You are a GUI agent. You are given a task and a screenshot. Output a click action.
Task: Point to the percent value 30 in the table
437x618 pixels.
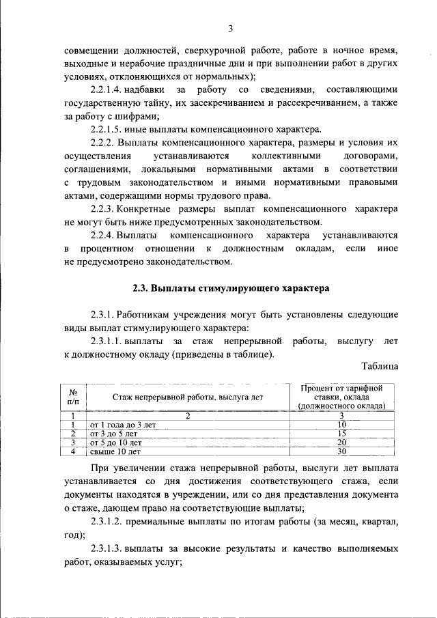click(342, 451)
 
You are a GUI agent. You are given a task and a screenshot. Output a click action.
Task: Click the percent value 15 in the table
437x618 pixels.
click(342, 433)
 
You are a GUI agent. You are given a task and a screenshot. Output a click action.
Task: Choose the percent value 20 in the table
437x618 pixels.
click(342, 442)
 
